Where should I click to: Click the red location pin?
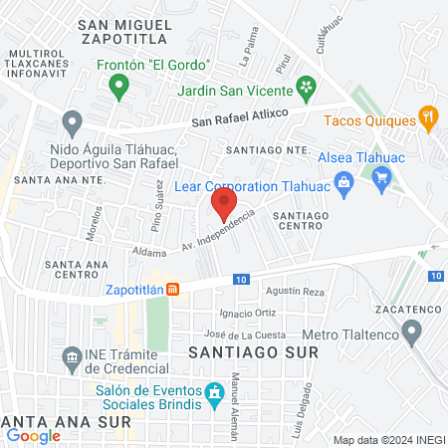[x=223, y=204]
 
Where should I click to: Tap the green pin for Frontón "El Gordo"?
[x=118, y=87]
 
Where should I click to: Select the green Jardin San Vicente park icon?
[x=309, y=87]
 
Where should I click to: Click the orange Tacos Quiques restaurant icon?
[x=429, y=117]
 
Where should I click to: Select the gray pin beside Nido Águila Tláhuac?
[x=71, y=123]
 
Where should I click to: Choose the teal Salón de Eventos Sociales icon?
[x=213, y=395]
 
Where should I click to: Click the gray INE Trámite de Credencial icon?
[x=71, y=356]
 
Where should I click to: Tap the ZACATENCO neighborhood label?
[x=408, y=311]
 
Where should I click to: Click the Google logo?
[x=34, y=435]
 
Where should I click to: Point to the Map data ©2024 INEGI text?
[x=387, y=440]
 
